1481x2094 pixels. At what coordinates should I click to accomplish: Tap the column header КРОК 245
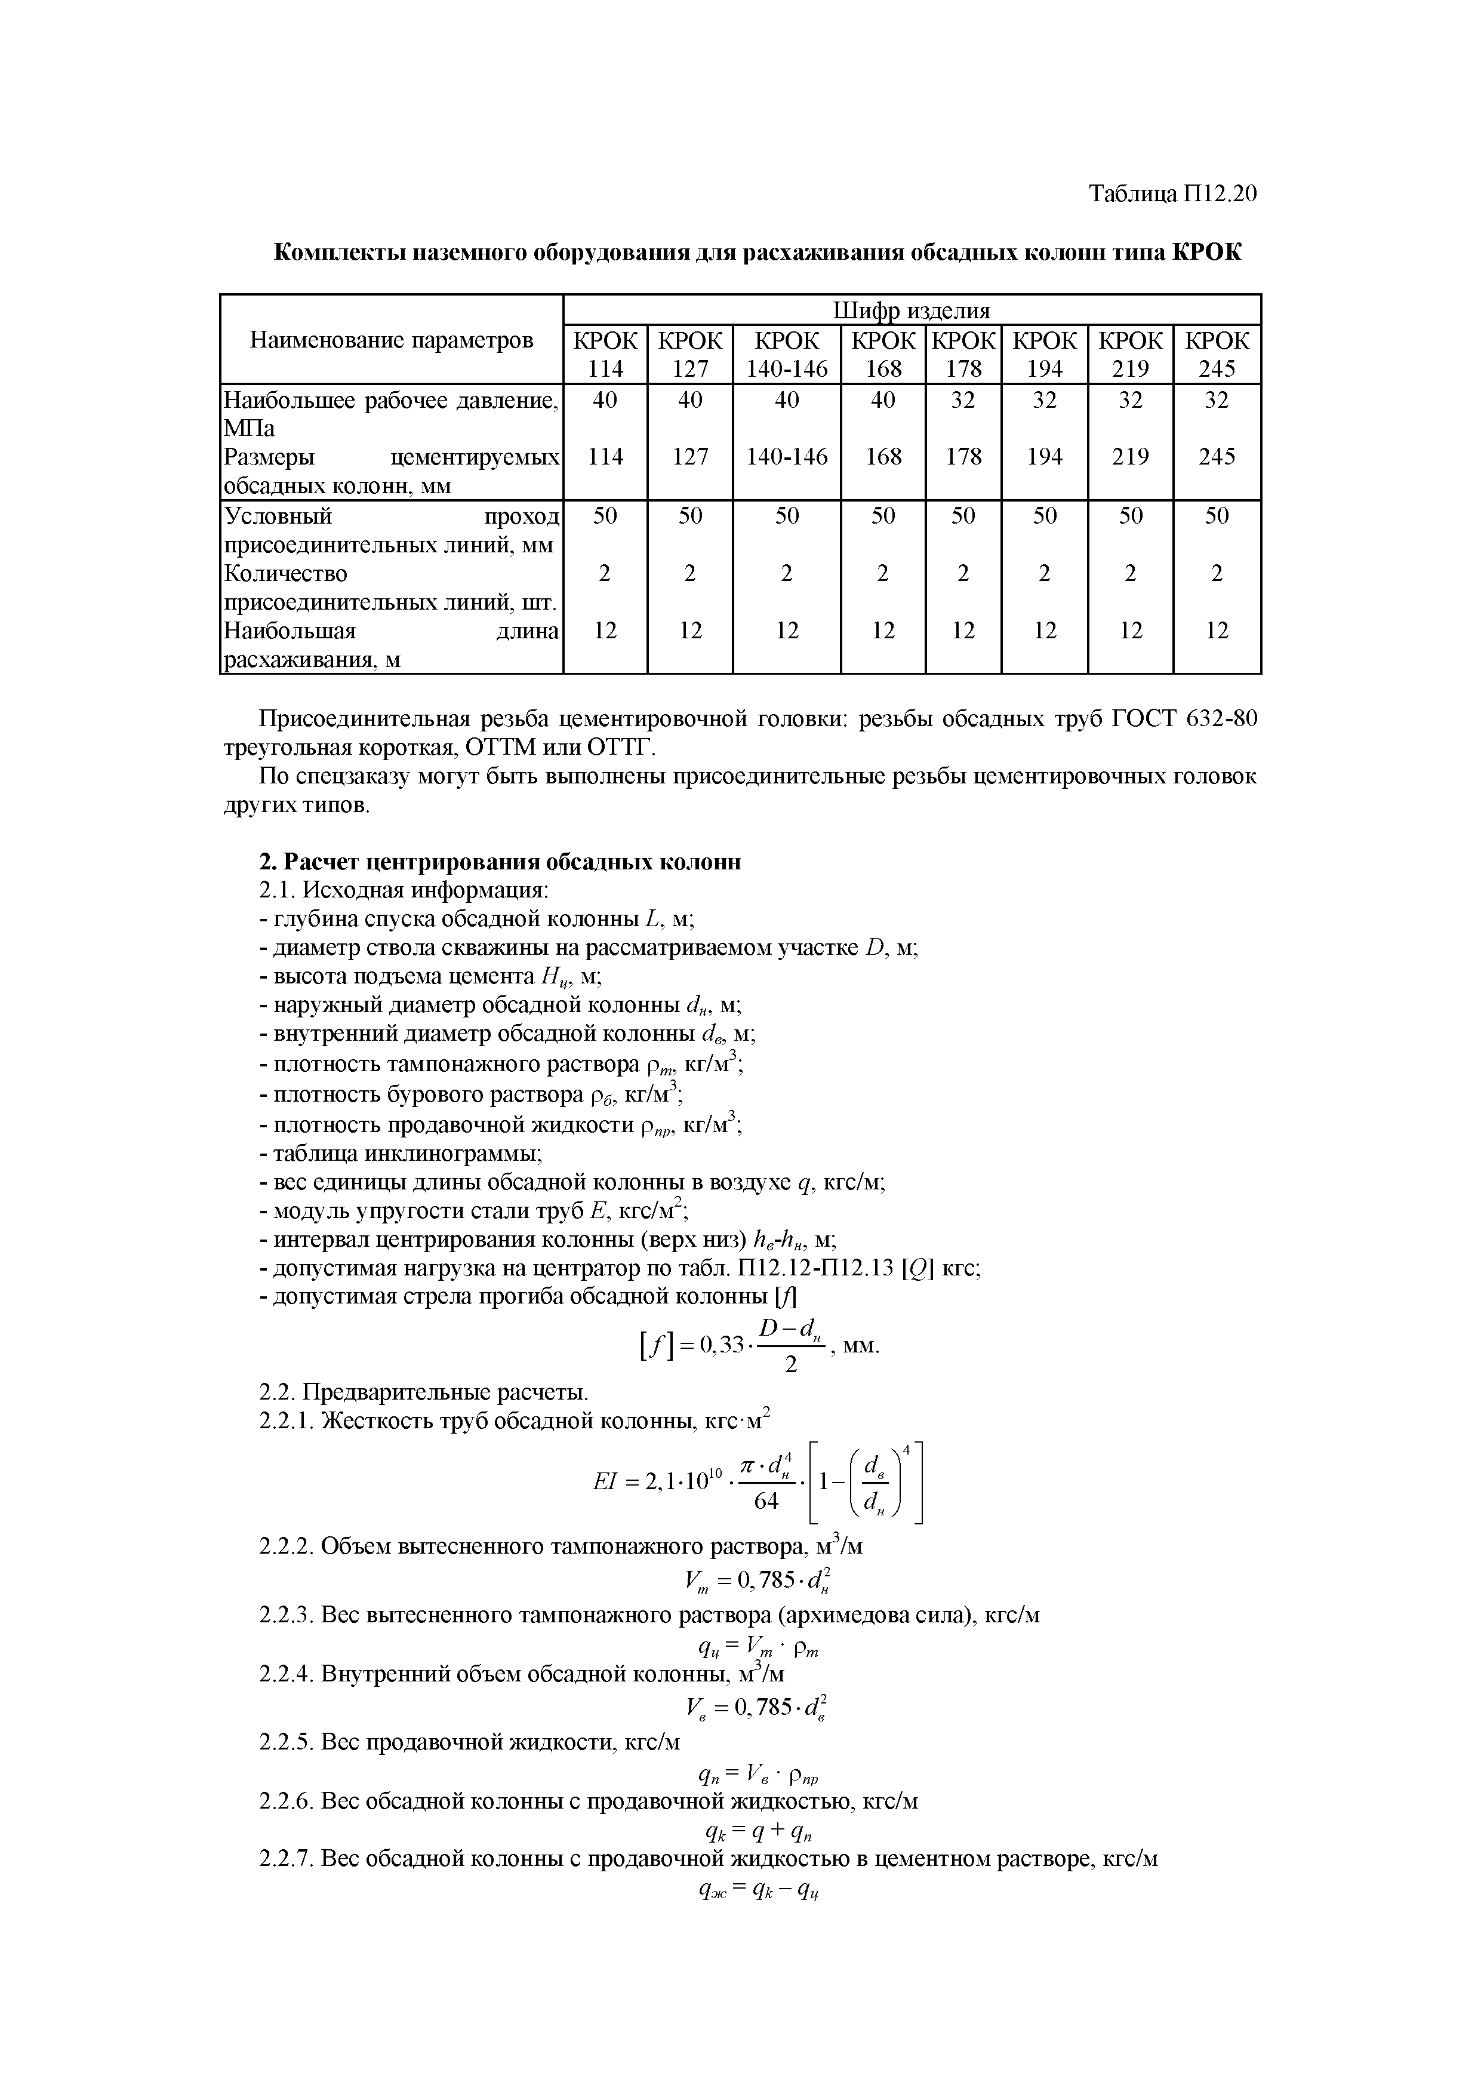(1217, 354)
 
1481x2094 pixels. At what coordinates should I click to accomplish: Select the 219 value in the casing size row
(1130, 456)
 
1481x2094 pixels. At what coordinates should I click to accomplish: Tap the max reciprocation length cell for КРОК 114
(605, 630)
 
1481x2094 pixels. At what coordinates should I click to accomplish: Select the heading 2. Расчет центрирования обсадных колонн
(500, 862)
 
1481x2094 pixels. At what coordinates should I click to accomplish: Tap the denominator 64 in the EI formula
(767, 1500)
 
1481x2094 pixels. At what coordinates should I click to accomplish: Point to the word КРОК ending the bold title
(1206, 253)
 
